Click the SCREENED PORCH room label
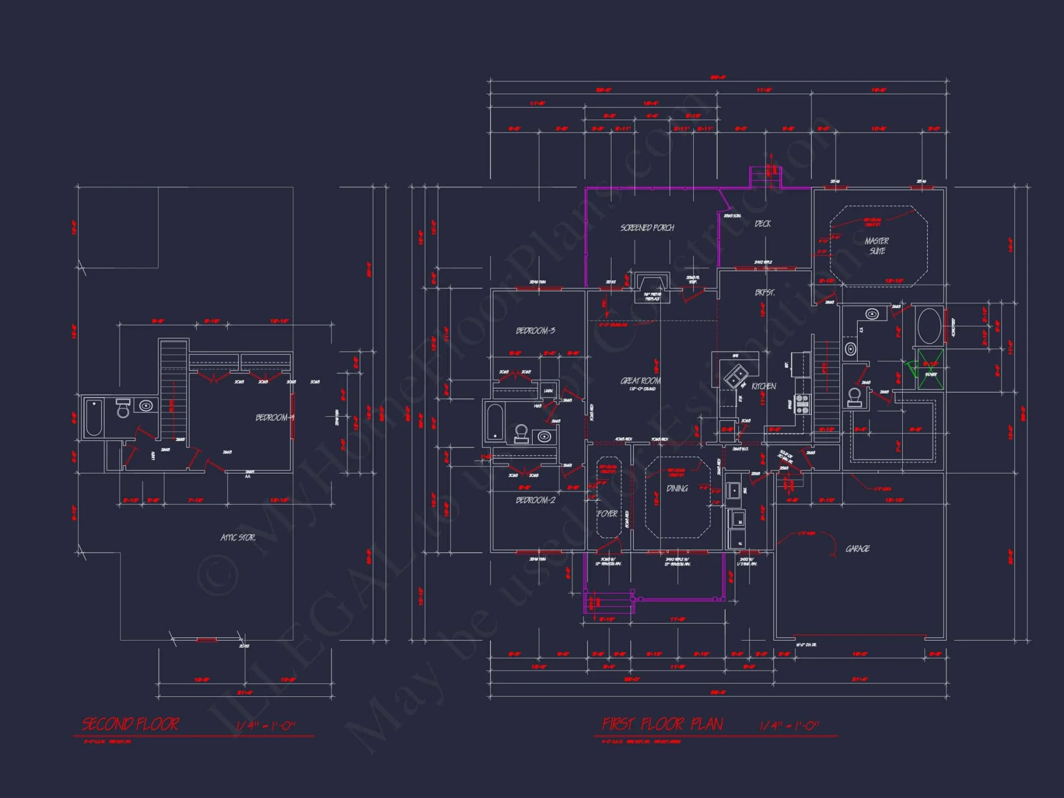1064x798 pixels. (647, 228)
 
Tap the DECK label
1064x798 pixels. (762, 224)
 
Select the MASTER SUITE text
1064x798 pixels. (877, 246)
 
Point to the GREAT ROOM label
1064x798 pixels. (641, 381)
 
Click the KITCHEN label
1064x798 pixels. (763, 386)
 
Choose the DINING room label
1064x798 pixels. (677, 488)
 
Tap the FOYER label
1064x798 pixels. (607, 514)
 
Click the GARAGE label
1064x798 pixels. (858, 548)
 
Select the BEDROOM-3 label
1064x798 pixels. (535, 331)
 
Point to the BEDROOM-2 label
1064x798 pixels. (535, 500)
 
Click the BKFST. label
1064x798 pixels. (764, 293)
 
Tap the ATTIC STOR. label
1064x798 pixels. (238, 538)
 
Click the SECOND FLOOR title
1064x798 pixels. (130, 724)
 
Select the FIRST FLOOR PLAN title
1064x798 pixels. (662, 724)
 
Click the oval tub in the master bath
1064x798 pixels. (929, 326)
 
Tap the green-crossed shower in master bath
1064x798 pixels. (930, 369)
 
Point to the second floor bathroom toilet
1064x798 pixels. (123, 409)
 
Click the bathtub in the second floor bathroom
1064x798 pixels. (94, 418)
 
